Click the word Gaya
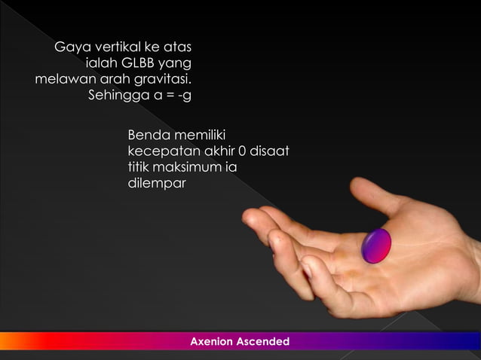[x=71, y=49]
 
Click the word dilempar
[x=156, y=183]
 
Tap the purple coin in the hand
[x=376, y=246]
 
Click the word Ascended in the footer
[x=263, y=342]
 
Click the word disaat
[x=270, y=151]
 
